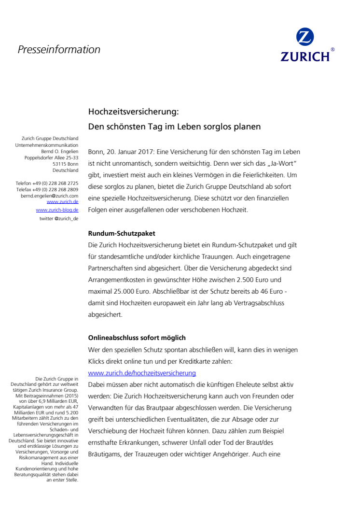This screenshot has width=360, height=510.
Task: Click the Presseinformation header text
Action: (x=59, y=49)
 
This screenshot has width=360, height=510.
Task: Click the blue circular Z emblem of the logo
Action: (x=305, y=37)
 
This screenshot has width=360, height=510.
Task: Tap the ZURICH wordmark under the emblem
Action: (x=305, y=56)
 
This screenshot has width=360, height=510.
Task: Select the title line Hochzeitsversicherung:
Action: (x=134, y=112)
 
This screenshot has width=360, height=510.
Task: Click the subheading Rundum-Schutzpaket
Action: (x=121, y=234)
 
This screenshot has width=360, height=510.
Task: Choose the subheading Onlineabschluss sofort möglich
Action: (x=137, y=338)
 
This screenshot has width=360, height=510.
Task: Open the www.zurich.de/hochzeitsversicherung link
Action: (x=142, y=373)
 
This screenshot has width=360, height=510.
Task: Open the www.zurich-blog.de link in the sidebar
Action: (x=57, y=210)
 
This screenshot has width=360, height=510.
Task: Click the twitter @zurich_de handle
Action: (x=58, y=219)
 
